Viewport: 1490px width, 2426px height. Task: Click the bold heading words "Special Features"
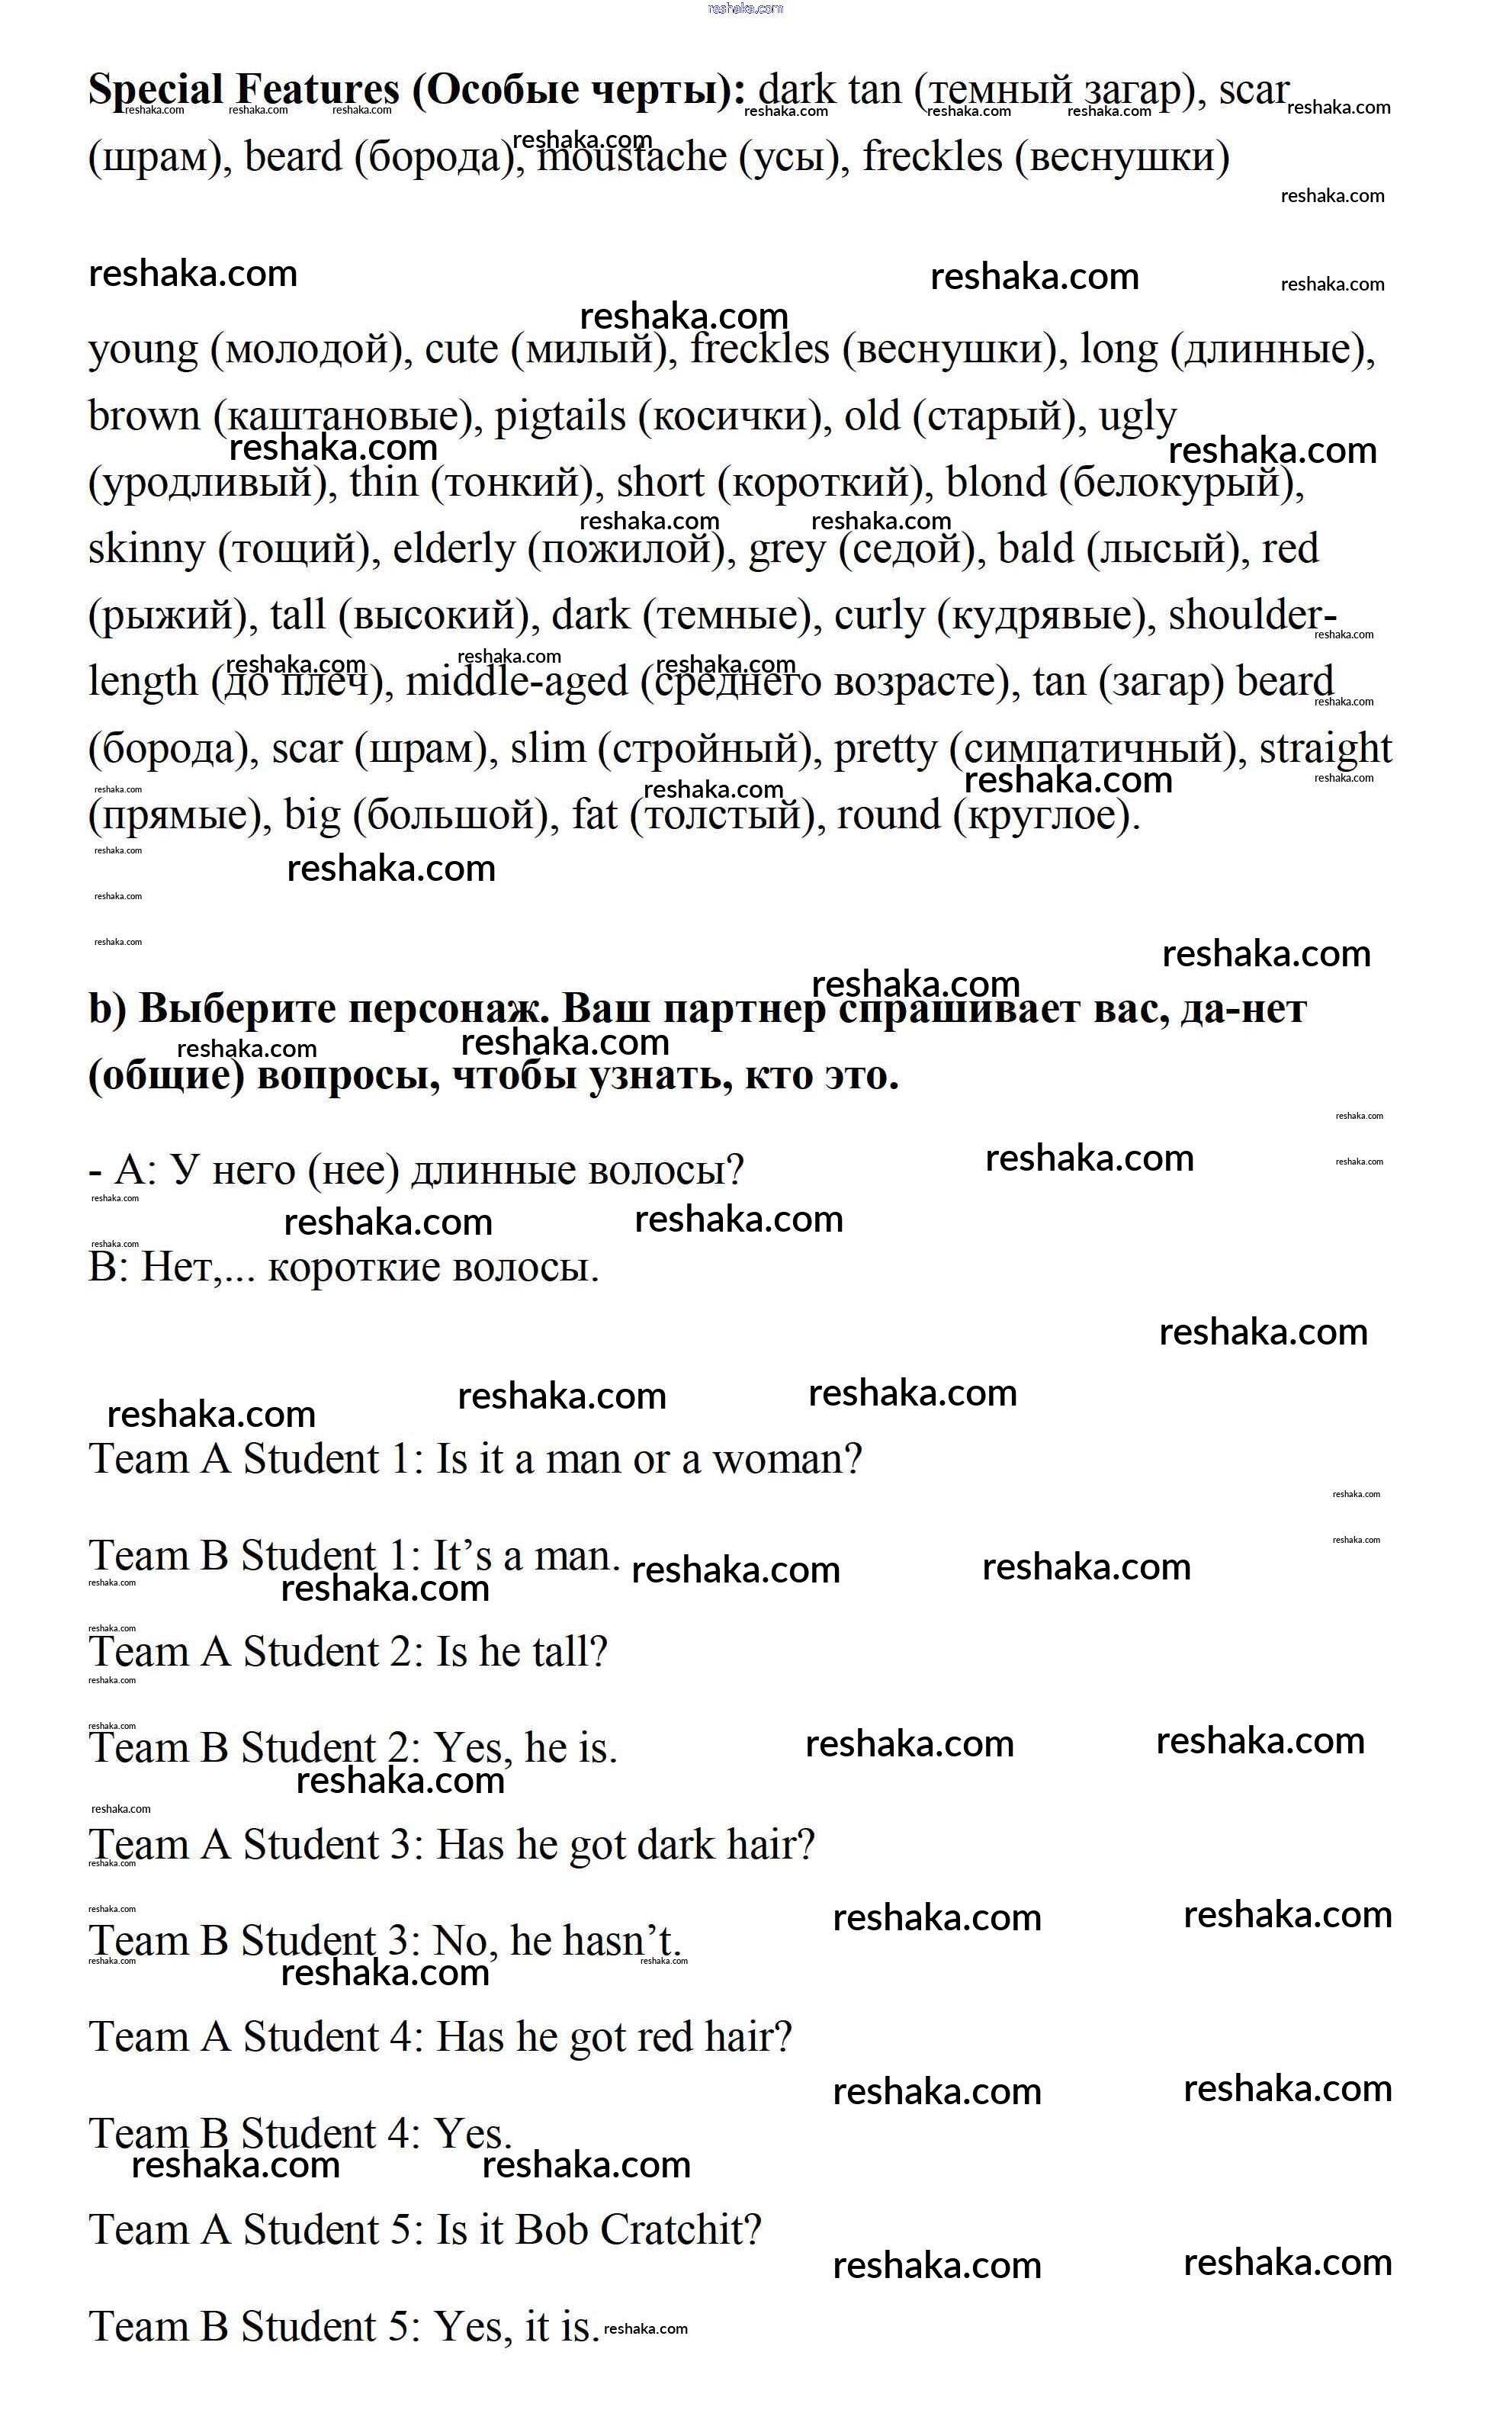point(243,91)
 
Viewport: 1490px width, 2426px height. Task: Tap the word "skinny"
point(146,550)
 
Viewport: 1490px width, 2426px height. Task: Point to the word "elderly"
point(453,550)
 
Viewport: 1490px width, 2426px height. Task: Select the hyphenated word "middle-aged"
point(516,682)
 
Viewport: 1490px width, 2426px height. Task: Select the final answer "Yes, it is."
point(516,2327)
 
